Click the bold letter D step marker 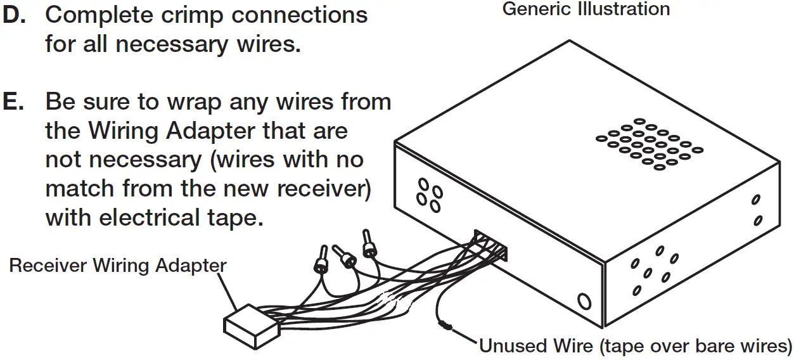14,16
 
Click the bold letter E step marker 13,102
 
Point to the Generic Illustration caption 586,10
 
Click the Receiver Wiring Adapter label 117,265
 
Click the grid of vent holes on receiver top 649,144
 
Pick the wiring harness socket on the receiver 490,247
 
